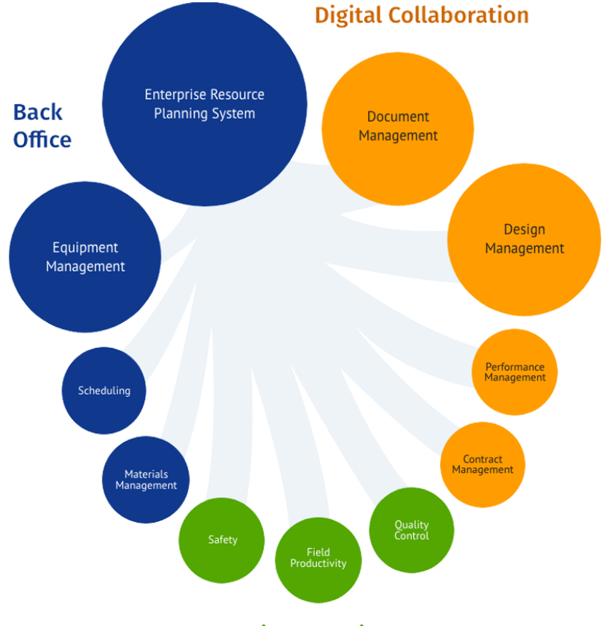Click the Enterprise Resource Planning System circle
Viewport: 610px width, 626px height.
pyautogui.click(x=204, y=104)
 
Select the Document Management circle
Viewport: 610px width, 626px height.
pyautogui.click(x=398, y=126)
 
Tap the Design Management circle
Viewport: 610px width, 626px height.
pyautogui.click(x=524, y=239)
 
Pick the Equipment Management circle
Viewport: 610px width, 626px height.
pyautogui.click(x=85, y=257)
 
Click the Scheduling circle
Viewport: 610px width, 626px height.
pyautogui.click(x=104, y=391)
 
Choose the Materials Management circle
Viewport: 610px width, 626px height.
pyautogui.click(x=146, y=480)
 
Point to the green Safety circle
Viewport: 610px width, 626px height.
pyautogui.click(x=222, y=540)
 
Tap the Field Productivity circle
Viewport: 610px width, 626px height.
pyautogui.click(x=318, y=558)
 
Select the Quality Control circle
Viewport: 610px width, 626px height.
pyautogui.click(x=412, y=530)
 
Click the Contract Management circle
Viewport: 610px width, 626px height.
pyautogui.click(x=482, y=464)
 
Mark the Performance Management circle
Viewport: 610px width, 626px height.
pyautogui.click(x=515, y=372)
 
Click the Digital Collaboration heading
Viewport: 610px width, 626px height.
pyautogui.click(x=421, y=15)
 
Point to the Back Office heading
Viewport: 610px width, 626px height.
pyautogui.click(x=41, y=125)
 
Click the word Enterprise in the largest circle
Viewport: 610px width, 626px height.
pyautogui.click(x=175, y=95)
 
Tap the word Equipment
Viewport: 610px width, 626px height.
pyautogui.click(x=85, y=248)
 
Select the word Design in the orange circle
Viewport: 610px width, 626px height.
pyautogui.click(x=524, y=229)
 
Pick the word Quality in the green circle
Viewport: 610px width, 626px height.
pyautogui.click(x=412, y=525)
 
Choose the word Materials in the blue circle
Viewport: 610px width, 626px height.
pyautogui.click(x=146, y=475)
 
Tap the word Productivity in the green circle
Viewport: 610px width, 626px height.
pyautogui.click(x=318, y=563)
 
